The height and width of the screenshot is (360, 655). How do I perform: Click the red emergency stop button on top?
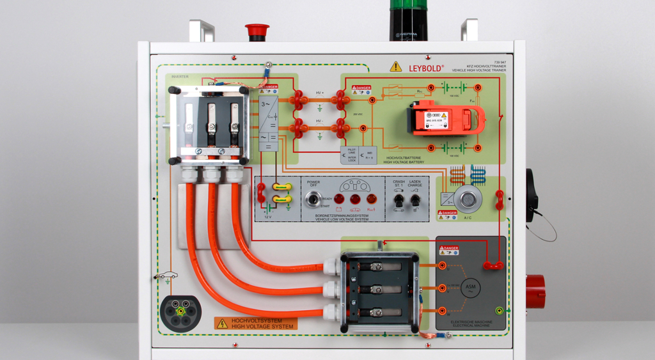click(257, 30)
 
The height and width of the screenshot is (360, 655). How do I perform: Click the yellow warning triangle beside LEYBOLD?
click(396, 67)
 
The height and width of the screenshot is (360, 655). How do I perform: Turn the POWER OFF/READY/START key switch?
click(313, 199)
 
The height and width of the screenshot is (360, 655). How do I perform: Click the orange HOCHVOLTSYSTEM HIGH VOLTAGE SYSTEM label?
click(255, 324)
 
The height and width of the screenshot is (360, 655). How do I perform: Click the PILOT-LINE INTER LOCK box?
click(349, 155)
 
